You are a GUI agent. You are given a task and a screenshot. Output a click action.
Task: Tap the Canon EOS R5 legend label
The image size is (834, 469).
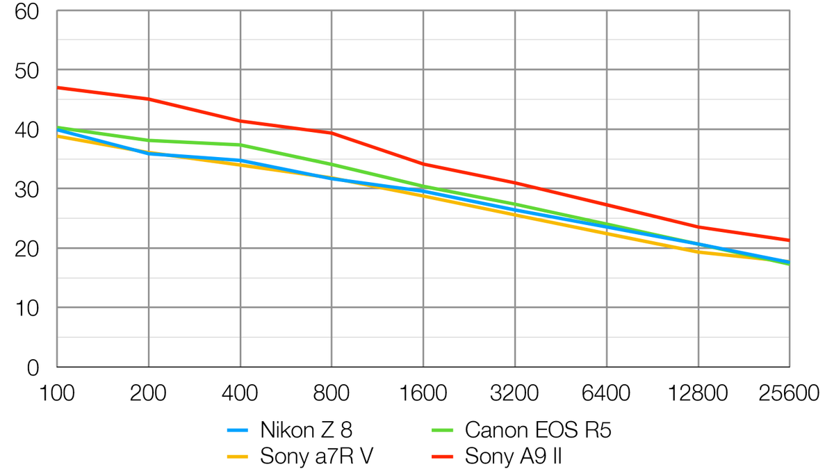tap(538, 431)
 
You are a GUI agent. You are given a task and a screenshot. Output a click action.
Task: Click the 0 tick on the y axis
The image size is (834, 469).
tap(32, 367)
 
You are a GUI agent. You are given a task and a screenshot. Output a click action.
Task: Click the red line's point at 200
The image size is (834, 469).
tap(149, 99)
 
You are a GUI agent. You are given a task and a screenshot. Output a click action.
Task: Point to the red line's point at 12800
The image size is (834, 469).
tap(698, 227)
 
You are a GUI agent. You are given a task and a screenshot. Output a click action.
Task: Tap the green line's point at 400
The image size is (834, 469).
tap(240, 145)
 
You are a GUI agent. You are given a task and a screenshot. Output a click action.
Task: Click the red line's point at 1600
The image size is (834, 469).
tap(423, 164)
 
